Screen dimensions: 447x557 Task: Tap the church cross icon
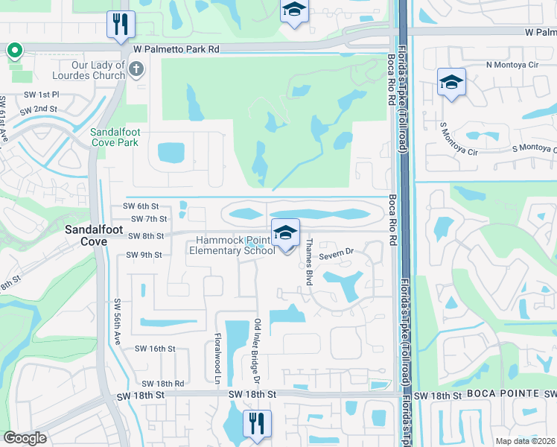pyautogui.click(x=136, y=70)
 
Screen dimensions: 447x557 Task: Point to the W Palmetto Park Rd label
pyautogui.click(x=176, y=48)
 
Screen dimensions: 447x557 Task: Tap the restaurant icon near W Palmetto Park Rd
pyautogui.click(x=119, y=25)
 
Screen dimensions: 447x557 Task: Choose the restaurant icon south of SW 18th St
pyautogui.click(x=256, y=423)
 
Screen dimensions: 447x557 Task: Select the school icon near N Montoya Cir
pyautogui.click(x=451, y=83)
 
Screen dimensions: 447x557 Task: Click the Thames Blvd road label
pyautogui.click(x=308, y=261)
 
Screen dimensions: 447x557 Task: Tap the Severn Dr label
pyautogui.click(x=336, y=255)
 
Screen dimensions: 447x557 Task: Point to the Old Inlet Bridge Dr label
pyautogui.click(x=258, y=343)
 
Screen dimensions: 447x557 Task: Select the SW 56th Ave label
pyautogui.click(x=118, y=323)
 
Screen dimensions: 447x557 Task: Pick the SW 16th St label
pyautogui.click(x=155, y=348)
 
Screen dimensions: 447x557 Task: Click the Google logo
pyautogui.click(x=25, y=438)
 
